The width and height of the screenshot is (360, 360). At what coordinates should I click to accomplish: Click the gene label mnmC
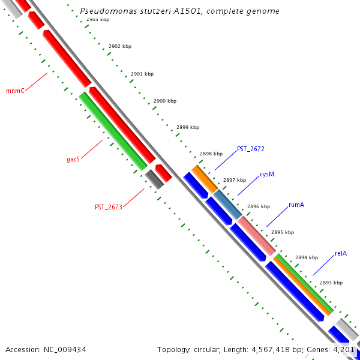click(x=15, y=91)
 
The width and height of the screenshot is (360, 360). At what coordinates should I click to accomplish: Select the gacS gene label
click(x=73, y=160)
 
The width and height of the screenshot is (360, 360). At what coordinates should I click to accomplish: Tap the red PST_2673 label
click(x=109, y=207)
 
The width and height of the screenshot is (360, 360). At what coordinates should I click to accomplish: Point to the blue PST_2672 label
click(x=250, y=149)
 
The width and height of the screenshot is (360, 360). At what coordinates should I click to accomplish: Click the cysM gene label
click(x=267, y=175)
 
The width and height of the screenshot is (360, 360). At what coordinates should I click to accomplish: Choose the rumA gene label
click(x=296, y=205)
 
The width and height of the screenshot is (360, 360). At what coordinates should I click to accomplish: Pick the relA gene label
click(x=341, y=253)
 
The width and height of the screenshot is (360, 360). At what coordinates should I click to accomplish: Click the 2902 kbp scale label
click(x=120, y=46)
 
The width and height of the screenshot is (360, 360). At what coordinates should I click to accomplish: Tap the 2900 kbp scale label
click(x=165, y=101)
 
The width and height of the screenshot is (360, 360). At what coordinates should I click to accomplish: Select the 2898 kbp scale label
click(x=211, y=154)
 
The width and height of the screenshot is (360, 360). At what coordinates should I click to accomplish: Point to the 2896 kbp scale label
click(x=259, y=206)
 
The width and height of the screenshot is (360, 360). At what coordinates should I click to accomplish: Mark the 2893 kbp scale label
click(x=331, y=283)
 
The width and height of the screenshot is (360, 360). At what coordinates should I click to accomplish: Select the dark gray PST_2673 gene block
click(x=154, y=179)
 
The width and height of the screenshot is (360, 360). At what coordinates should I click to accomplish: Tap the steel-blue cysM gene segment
click(x=228, y=204)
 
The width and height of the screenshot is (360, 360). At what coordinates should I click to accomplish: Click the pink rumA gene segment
click(x=256, y=235)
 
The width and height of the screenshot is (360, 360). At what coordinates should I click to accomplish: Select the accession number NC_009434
click(x=64, y=349)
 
